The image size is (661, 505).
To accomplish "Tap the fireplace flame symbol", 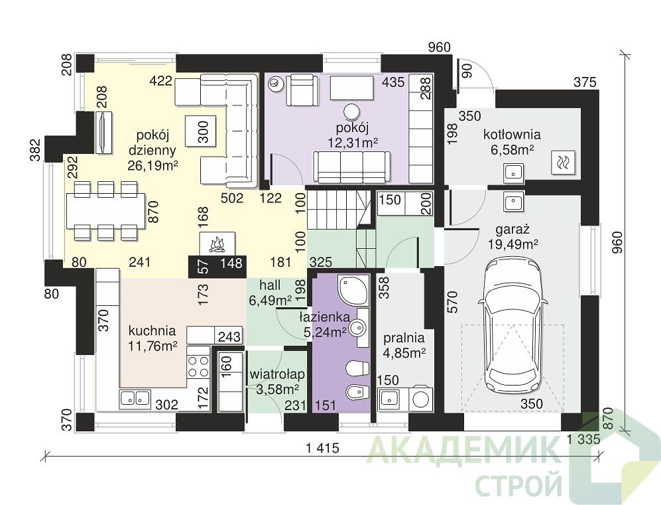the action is click(217, 245).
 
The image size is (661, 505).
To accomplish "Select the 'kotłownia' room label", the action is click(512, 135).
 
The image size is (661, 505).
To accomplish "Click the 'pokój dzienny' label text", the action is click(152, 143).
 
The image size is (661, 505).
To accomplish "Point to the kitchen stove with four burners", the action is click(198, 366).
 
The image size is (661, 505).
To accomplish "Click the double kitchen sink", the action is click(135, 398).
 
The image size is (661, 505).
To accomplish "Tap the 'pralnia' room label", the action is click(404, 338).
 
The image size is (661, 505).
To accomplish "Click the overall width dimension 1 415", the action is click(322, 448).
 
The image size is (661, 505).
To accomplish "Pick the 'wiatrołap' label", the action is click(277, 374).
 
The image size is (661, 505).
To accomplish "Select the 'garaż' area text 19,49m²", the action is click(513, 244).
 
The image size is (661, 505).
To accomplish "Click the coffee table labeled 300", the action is click(202, 131).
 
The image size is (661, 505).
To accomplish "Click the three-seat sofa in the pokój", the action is click(352, 166).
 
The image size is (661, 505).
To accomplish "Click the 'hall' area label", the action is click(270, 285).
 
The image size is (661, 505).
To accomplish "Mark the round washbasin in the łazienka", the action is click(359, 326).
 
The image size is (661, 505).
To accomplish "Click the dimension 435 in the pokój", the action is click(393, 82).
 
